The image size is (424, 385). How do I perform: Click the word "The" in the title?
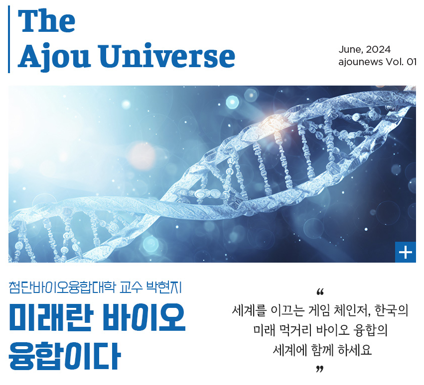pos(46,21)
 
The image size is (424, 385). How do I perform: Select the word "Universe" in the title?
pos(166,55)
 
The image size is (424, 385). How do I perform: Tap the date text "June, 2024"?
pos(365,49)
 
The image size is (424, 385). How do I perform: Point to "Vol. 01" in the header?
pos(401,62)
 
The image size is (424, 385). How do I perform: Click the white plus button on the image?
pos(406,252)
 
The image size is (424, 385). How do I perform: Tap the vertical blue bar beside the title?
pos(9,39)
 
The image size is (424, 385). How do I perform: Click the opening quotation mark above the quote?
pos(320,292)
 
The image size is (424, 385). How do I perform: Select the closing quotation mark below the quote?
pos(320,369)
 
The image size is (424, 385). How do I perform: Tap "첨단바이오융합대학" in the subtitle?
pos(62,288)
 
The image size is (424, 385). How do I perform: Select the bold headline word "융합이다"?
pos(65,356)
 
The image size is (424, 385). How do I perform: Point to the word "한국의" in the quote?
pos(391,311)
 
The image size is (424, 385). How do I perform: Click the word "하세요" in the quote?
pos(355,350)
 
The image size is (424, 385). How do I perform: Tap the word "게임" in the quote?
pos(318,311)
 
